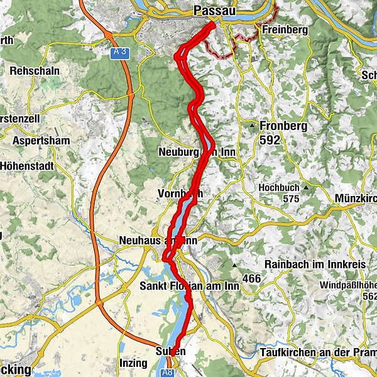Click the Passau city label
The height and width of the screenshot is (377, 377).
215,11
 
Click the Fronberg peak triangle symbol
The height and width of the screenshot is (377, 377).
252,126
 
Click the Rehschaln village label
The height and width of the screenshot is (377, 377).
34,70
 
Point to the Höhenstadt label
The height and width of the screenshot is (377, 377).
29,166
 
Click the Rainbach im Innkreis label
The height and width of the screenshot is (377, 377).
315,265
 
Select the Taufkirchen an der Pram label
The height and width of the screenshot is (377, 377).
315,353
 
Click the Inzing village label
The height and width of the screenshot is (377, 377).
133,364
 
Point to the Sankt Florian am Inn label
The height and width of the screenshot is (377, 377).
188,287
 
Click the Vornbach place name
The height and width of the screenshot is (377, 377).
180,194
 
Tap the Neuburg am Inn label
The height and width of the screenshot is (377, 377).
197,153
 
